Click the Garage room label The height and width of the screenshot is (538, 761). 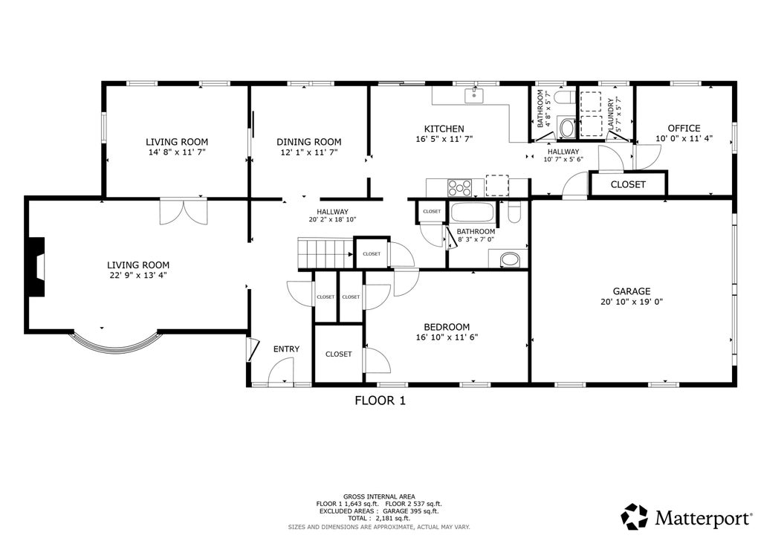click(632, 291)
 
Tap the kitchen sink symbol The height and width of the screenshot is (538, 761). click(473, 96)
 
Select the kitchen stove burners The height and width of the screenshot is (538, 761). click(459, 187)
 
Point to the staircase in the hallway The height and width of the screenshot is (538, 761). click(326, 253)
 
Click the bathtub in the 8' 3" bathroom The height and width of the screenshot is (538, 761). click(472, 213)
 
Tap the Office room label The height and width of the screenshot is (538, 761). click(684, 128)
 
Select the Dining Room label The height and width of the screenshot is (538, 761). click(308, 142)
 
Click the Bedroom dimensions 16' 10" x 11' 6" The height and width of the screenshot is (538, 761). click(447, 337)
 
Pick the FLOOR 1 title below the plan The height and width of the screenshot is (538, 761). click(380, 401)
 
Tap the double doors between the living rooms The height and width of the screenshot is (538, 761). click(184, 212)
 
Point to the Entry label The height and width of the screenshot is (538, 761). click(286, 349)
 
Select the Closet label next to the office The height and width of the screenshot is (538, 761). click(628, 184)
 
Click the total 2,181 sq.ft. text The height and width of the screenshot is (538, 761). click(378, 518)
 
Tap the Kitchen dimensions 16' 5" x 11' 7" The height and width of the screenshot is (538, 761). click(444, 139)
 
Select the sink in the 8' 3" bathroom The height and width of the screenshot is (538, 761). click(510, 259)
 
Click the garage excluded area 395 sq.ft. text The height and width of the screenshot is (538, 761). click(410, 511)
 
